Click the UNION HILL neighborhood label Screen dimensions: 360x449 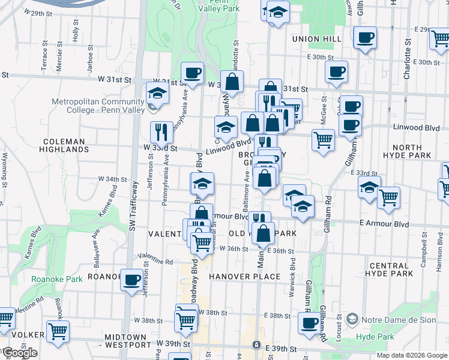tap(316, 39)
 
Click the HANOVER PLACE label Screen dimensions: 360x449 tap(245, 277)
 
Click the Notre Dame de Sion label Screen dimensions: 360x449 tap(397, 320)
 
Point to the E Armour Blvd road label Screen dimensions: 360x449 tap(384, 224)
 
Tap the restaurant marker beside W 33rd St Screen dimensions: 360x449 tap(161, 131)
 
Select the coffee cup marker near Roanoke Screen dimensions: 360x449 tap(131, 279)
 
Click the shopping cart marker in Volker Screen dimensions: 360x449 tap(58, 331)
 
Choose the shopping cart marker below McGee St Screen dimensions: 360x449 tap(323, 140)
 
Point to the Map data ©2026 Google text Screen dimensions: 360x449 tap(411, 355)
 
